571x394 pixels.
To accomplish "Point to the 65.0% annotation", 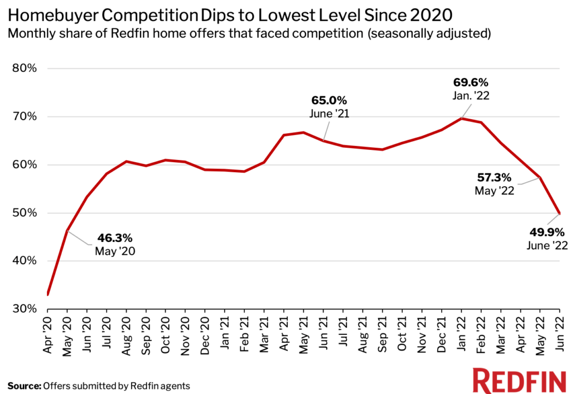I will (x=329, y=101).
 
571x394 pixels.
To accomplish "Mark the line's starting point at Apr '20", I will (x=48, y=294).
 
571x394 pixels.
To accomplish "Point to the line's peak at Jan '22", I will (x=461, y=118).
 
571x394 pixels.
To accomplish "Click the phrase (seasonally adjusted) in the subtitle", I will (x=427, y=33).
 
